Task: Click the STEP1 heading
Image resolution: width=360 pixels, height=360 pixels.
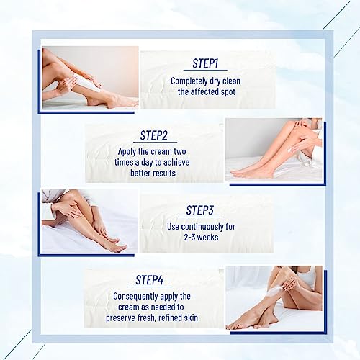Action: (205, 63)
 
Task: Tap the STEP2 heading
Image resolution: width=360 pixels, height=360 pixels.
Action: (154, 135)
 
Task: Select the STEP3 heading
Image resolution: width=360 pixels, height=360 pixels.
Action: (199, 210)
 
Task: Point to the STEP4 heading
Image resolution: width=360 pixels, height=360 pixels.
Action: (149, 280)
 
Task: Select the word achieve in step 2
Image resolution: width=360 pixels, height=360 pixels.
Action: (176, 163)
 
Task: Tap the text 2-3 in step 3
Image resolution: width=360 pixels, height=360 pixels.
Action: (189, 238)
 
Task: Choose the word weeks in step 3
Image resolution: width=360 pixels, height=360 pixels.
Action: (207, 238)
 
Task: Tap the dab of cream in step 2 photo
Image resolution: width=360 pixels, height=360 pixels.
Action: (291, 150)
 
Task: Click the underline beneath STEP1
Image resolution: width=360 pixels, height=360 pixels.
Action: (205, 71)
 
